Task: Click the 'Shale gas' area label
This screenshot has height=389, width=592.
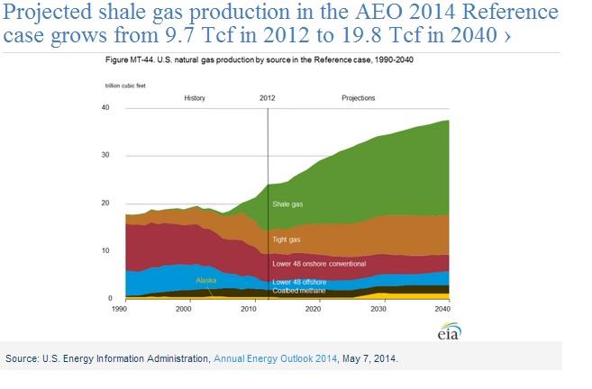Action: pyautogui.click(x=288, y=204)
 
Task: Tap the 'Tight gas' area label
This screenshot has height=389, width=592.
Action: pyautogui.click(x=286, y=240)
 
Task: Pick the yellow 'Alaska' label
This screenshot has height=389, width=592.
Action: pyautogui.click(x=206, y=280)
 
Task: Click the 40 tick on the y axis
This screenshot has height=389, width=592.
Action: pyautogui.click(x=105, y=108)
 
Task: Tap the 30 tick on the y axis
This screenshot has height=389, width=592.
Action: pyautogui.click(x=105, y=156)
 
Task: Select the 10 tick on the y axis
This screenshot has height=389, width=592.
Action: pyautogui.click(x=105, y=250)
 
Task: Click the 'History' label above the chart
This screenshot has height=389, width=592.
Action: pyautogui.click(x=196, y=97)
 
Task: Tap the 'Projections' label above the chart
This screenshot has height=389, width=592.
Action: pyautogui.click(x=358, y=97)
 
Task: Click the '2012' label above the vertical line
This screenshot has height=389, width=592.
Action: pyautogui.click(x=267, y=97)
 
